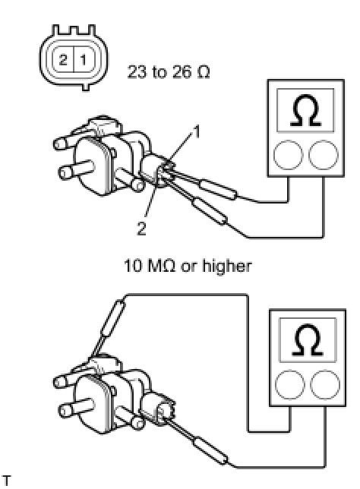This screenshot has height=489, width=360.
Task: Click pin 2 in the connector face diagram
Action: point(63,59)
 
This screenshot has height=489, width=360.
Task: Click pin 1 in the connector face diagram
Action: point(84,59)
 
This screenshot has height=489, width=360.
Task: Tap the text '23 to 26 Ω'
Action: point(169,72)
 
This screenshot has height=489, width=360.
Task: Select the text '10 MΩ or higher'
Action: point(188,266)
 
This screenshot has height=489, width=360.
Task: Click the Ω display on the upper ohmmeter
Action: point(305,110)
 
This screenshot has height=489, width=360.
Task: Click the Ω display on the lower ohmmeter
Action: point(308,339)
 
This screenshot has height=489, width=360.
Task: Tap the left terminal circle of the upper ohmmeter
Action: point(289,155)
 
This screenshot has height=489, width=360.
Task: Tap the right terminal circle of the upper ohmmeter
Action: point(324,155)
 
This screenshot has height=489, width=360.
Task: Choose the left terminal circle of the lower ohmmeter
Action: point(290,384)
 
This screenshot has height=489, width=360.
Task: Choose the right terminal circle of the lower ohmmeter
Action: point(325,384)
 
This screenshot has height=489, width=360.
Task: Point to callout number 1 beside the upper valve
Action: point(197,132)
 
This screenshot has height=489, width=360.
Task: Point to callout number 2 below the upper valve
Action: point(141,229)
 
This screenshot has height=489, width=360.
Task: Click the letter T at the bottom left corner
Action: point(6,481)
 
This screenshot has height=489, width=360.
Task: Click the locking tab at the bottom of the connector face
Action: point(86,87)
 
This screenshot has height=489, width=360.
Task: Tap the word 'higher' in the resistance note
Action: point(227,266)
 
